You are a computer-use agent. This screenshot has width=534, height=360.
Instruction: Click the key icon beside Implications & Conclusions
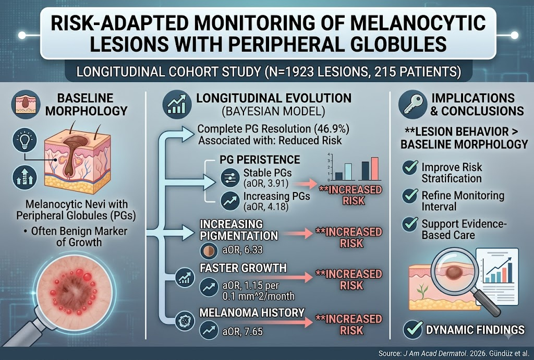(x=413, y=104)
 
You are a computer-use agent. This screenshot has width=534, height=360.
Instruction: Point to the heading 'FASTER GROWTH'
(x=243, y=268)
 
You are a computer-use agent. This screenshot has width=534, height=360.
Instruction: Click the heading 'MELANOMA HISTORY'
(x=252, y=313)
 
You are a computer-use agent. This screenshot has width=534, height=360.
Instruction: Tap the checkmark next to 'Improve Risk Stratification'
(x=410, y=167)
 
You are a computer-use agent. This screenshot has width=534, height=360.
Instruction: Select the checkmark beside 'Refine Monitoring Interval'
(x=410, y=196)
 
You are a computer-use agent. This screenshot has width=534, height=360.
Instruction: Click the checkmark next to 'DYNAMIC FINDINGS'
(x=413, y=329)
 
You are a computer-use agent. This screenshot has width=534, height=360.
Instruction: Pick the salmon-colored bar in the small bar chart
(x=374, y=169)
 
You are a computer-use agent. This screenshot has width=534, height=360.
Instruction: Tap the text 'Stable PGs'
(x=268, y=173)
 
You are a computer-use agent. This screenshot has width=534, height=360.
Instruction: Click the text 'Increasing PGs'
(x=276, y=196)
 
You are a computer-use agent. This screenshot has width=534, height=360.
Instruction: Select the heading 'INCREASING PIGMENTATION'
(x=239, y=230)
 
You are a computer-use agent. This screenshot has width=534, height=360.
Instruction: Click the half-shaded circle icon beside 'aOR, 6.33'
(x=208, y=251)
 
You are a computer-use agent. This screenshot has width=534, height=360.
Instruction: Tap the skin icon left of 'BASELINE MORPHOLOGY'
(x=26, y=104)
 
